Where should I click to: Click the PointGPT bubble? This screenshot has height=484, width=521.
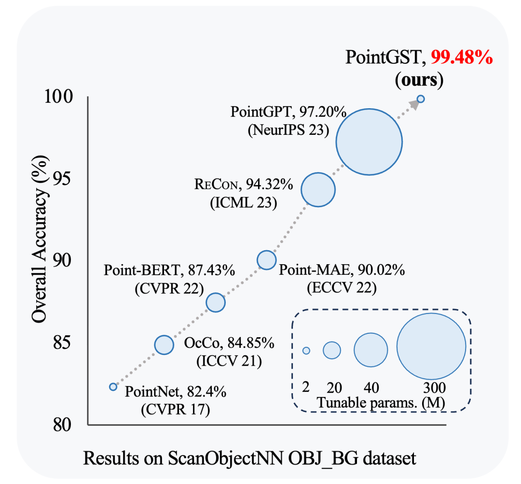pyautogui.click(x=369, y=142)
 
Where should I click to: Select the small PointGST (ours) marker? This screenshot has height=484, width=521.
pyautogui.click(x=421, y=99)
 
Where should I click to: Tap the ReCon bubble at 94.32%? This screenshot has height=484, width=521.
pyautogui.click(x=318, y=189)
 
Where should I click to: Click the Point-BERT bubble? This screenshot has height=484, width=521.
pyautogui.click(x=216, y=302)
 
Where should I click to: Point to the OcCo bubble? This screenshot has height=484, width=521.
pyautogui.click(x=164, y=344)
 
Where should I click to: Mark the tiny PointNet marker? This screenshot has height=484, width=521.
pyautogui.click(x=113, y=386)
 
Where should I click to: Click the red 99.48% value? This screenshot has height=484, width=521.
pyautogui.click(x=462, y=58)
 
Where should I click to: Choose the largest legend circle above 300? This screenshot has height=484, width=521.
pyautogui.click(x=431, y=346)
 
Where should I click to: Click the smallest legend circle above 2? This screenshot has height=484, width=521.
pyautogui.click(x=306, y=350)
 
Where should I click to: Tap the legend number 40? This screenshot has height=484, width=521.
pyautogui.click(x=370, y=387)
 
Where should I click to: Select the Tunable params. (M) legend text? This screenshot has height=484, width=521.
pyautogui.click(x=381, y=402)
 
